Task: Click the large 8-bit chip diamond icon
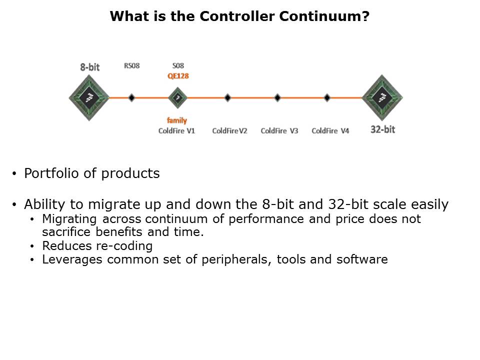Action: [89, 98]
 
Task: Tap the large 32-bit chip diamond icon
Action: [382, 98]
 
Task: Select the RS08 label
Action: [131, 66]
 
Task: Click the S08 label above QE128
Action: [178, 66]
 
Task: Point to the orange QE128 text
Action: [178, 76]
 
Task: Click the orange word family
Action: [177, 120]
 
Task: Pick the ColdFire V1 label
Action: [176, 130]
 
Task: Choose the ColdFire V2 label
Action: [229, 130]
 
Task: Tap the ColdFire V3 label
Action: [279, 130]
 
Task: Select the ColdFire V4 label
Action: [330, 130]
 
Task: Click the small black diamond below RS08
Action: [131, 98]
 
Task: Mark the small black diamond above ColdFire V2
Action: [227, 98]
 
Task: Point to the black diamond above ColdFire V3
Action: [277, 98]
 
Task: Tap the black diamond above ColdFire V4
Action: [327, 98]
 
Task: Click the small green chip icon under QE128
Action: [177, 98]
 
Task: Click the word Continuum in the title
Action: [324, 16]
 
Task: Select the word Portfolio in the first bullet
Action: [51, 173]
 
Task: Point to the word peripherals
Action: [236, 260]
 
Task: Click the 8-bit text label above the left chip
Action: [90, 67]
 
